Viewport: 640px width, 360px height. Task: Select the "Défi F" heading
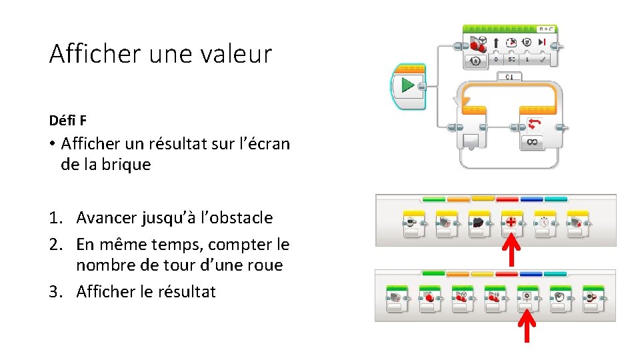67,121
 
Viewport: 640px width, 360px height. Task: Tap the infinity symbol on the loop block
532,141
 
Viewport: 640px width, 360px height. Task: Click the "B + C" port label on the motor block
546,29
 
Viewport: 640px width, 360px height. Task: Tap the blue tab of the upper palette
531,198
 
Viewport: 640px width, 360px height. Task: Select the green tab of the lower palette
433,273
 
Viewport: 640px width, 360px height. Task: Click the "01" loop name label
509,77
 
